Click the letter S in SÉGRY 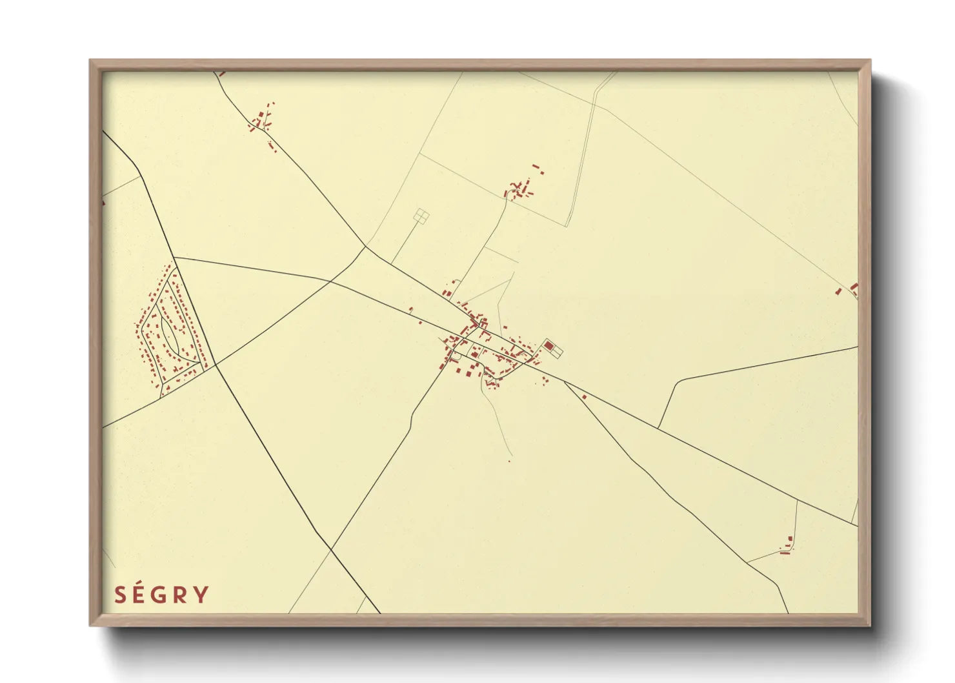(x=119, y=595)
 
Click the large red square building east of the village (x=548, y=347)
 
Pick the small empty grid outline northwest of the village (x=421, y=216)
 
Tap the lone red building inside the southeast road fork (x=584, y=396)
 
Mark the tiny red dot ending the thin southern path (x=509, y=461)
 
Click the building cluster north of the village (x=521, y=185)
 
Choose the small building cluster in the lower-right (x=787, y=547)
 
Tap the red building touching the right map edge (x=854, y=287)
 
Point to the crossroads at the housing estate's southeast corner (x=214, y=365)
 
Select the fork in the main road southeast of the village (x=565, y=382)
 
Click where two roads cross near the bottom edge (x=331, y=549)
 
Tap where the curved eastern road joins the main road (x=658, y=427)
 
